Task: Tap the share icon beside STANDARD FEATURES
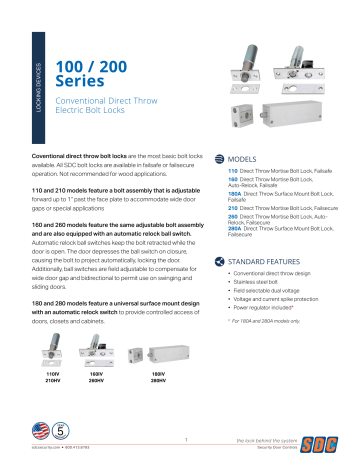234,261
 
